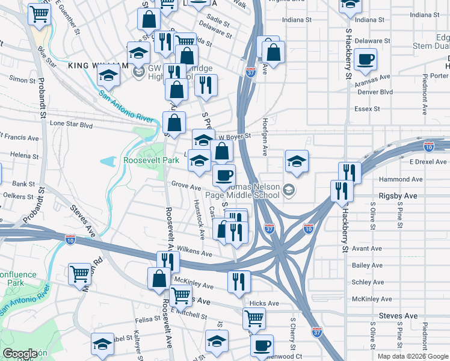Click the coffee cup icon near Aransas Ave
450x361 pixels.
point(366,60)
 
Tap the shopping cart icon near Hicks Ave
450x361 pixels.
point(254,318)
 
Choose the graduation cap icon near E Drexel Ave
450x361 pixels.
point(297,161)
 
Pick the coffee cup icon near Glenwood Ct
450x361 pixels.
point(262,345)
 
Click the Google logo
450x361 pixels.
point(19,354)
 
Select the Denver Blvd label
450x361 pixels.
point(375,92)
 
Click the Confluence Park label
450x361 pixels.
point(17,279)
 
